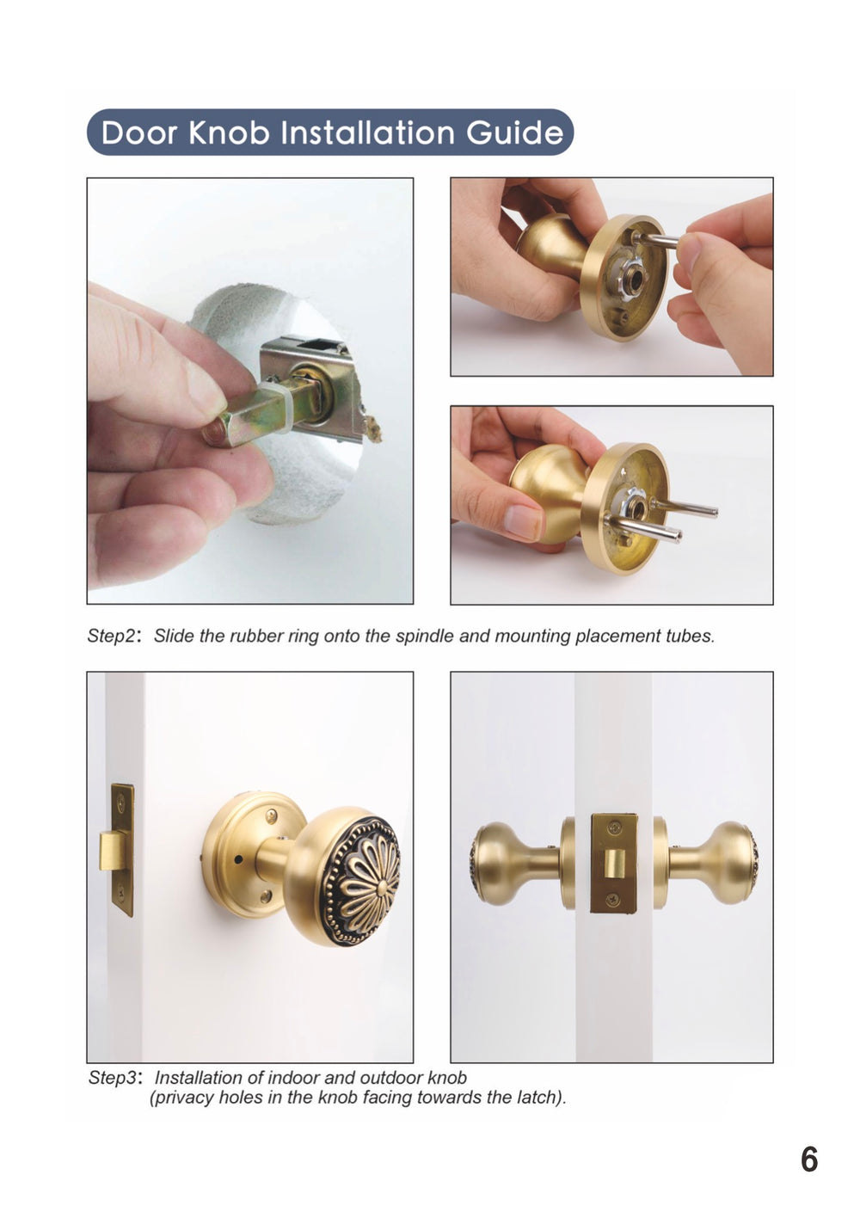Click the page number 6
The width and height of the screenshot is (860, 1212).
(808, 1160)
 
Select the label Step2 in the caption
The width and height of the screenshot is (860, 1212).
(112, 637)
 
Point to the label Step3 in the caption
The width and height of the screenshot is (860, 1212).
(113, 1078)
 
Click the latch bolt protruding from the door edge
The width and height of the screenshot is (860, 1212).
(109, 851)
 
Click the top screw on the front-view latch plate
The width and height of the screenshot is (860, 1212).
(612, 827)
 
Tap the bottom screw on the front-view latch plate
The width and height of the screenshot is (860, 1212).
(611, 900)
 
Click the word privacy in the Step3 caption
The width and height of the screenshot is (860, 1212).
(186, 1098)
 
